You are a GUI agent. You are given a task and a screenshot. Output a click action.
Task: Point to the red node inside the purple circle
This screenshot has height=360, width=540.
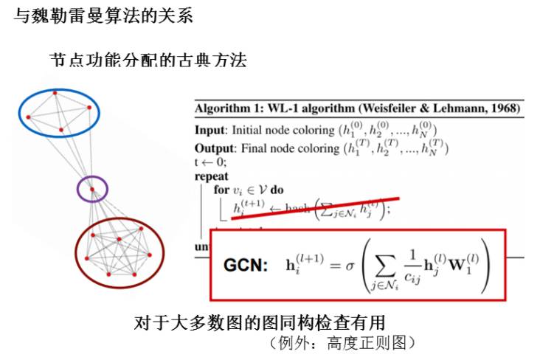tap(91, 189)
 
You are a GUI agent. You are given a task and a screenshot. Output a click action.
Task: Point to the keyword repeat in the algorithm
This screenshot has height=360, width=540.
tap(212, 176)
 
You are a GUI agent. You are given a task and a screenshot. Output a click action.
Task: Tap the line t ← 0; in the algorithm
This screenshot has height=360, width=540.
tap(211, 162)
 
